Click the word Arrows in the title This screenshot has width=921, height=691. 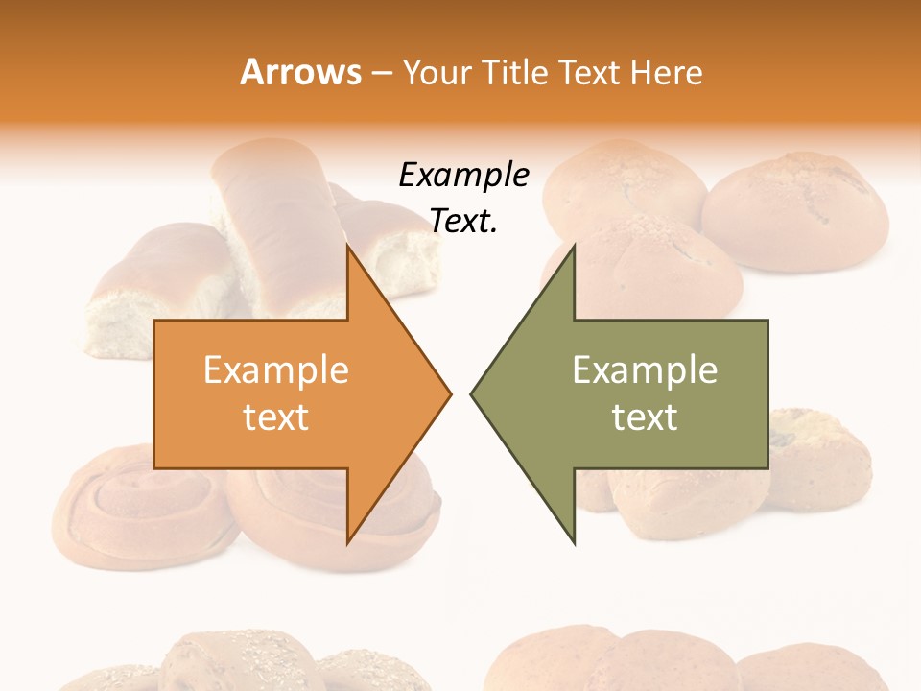301,72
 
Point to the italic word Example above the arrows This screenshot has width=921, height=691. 463,176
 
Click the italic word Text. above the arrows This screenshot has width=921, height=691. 463,222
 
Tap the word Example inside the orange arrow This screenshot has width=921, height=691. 276,370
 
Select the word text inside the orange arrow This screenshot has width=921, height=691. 276,417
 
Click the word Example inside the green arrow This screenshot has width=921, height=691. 645,370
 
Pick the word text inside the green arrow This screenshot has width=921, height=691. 645,417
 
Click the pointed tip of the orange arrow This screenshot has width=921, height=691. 450,393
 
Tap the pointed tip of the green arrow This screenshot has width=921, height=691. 472,393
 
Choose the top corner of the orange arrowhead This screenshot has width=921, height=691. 348,247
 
